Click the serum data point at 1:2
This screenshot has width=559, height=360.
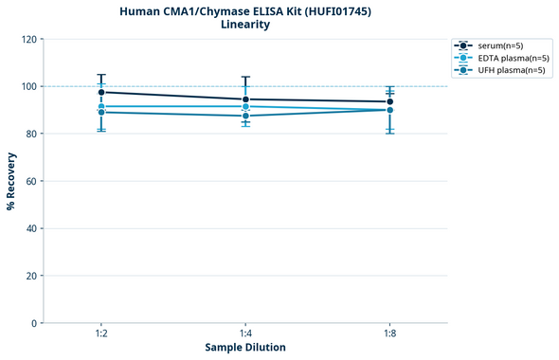point(101,92)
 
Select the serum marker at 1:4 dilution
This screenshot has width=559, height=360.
point(245,99)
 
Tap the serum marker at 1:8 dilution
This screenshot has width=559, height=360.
point(390,101)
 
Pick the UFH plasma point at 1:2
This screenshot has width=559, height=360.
point(101,113)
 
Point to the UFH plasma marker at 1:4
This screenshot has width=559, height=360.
point(245,116)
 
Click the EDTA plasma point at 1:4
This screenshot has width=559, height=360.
point(245,106)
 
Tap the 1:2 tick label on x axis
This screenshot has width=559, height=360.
point(101,334)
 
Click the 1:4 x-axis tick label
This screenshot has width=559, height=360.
point(245,334)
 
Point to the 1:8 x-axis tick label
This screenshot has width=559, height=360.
point(390,334)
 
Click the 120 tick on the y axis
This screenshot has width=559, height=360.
point(29,40)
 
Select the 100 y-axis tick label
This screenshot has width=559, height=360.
point(29,87)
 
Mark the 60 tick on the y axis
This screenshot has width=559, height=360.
point(32,181)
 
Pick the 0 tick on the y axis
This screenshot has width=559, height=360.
point(35,323)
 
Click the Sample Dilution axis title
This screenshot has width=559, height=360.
point(245,348)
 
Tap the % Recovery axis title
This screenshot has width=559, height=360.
point(11,181)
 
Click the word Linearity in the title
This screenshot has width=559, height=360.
point(244,25)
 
